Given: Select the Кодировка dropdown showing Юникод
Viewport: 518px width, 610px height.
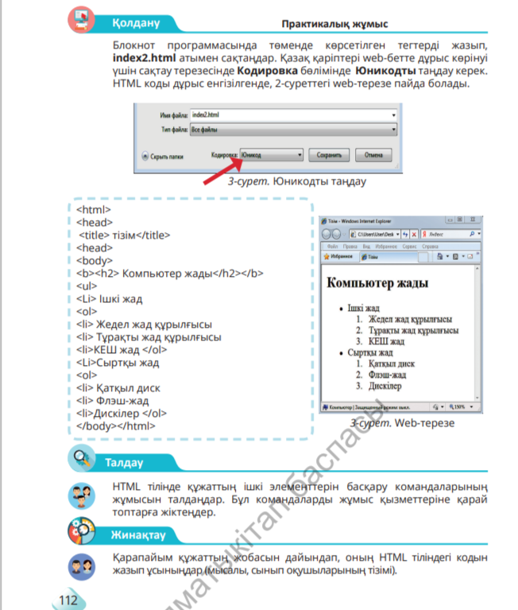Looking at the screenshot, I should click(x=271, y=154).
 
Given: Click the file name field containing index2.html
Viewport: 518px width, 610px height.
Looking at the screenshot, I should click(x=293, y=115).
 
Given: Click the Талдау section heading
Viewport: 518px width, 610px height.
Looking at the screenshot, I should click(x=124, y=462).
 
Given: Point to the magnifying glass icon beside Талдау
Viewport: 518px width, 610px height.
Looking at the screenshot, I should click(x=80, y=460).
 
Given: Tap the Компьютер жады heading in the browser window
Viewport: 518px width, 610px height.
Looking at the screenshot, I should click(x=378, y=282).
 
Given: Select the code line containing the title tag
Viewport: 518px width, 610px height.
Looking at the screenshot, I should click(x=125, y=235).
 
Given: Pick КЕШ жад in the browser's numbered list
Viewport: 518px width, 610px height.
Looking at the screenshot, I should click(x=387, y=341).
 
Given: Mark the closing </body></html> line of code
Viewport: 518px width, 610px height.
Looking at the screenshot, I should click(x=115, y=425).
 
